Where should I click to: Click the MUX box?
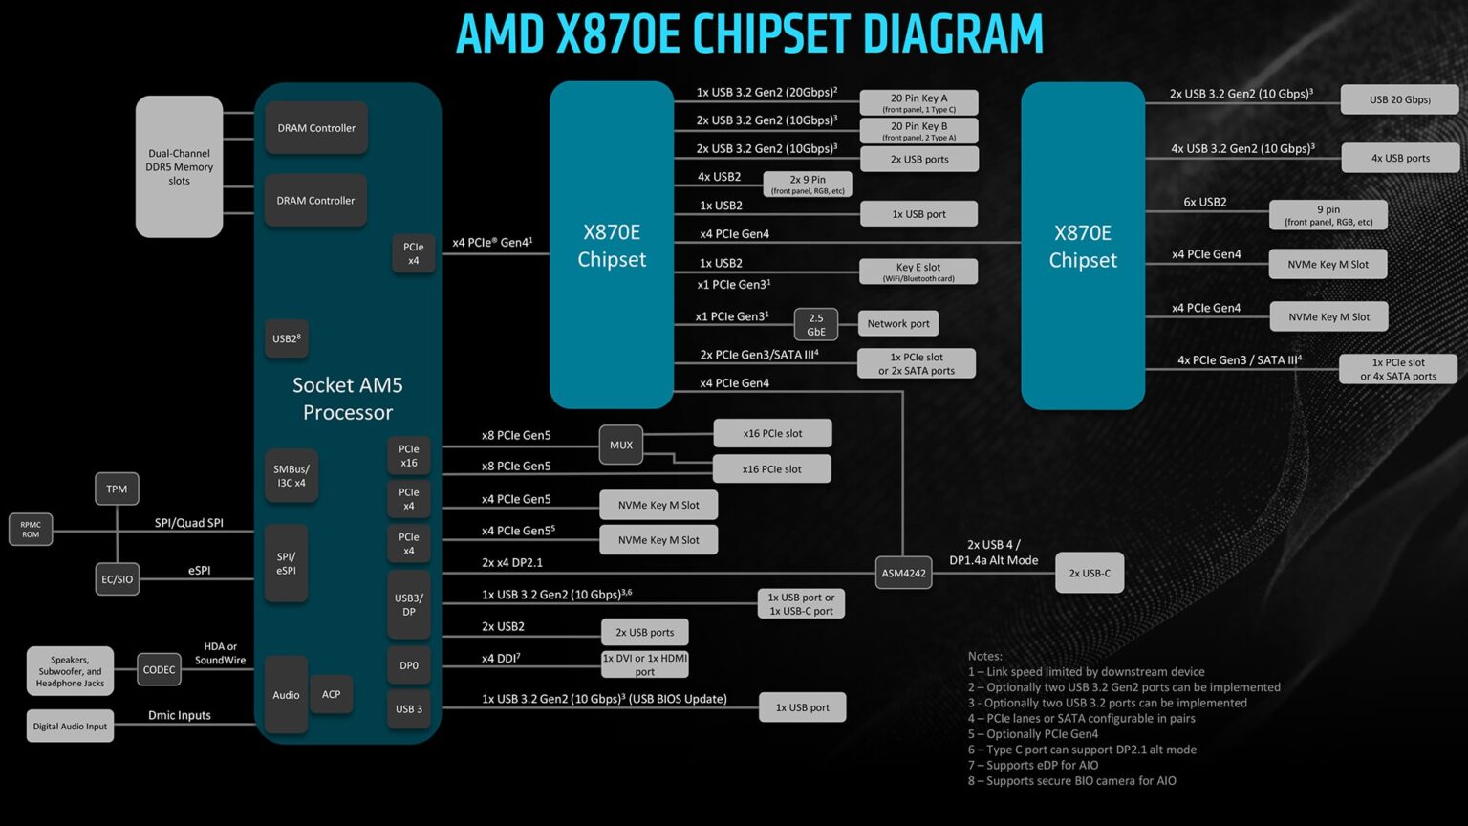click(621, 445)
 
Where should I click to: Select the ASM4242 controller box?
click(903, 573)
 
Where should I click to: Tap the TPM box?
click(117, 489)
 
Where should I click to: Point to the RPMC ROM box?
click(31, 529)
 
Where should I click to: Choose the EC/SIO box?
click(117, 579)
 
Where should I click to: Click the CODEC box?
click(159, 669)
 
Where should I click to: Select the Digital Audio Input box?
click(70, 726)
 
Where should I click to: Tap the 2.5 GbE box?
click(816, 324)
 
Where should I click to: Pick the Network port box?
click(897, 323)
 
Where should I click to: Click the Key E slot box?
click(917, 272)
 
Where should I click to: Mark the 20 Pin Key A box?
click(918, 102)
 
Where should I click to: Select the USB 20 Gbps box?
click(1399, 99)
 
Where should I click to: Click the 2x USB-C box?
click(1090, 573)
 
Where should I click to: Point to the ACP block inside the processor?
click(331, 694)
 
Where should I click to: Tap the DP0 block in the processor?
click(409, 665)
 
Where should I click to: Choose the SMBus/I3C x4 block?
click(291, 476)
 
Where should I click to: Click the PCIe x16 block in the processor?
click(409, 456)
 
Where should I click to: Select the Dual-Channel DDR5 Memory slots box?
click(179, 166)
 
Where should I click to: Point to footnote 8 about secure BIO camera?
click(1071, 781)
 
